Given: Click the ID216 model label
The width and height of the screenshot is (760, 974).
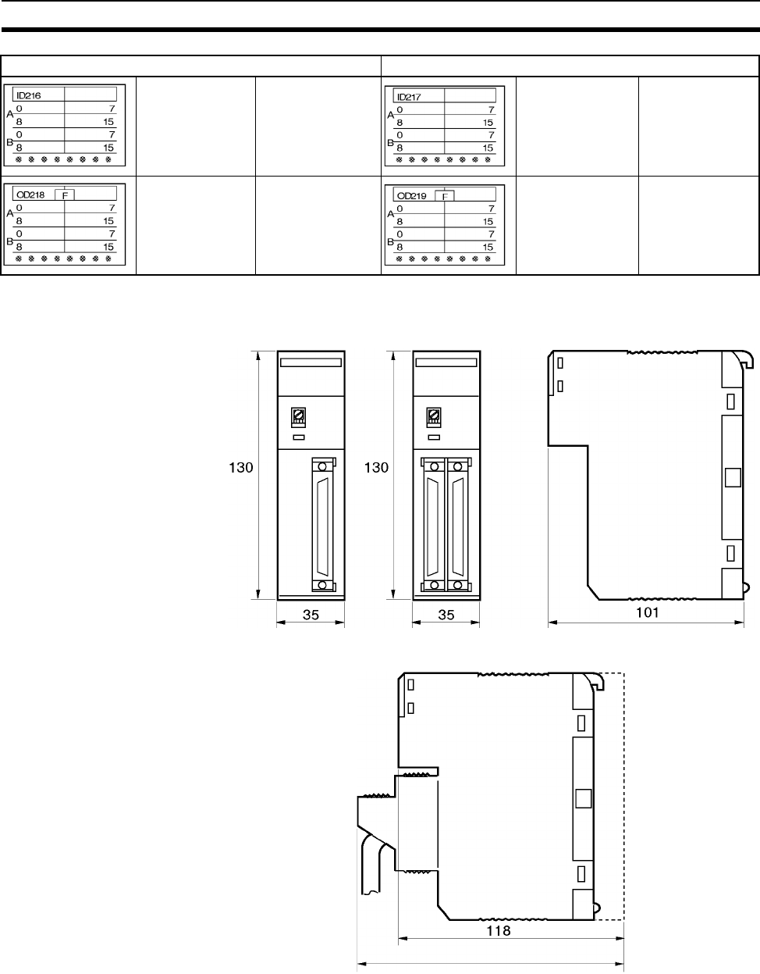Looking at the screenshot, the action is (x=29, y=95).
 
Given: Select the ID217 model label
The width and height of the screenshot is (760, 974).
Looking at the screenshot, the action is (x=409, y=97).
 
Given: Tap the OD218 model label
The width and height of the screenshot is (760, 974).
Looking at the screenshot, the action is (x=30, y=195).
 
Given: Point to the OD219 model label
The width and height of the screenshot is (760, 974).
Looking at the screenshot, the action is (x=412, y=196).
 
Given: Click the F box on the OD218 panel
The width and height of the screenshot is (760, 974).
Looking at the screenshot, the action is (x=65, y=195).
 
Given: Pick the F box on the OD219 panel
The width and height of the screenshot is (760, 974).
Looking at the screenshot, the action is (x=445, y=196).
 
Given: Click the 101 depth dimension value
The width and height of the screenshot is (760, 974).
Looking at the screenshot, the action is (x=647, y=612).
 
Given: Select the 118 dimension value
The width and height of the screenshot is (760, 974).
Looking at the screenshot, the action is (x=498, y=931).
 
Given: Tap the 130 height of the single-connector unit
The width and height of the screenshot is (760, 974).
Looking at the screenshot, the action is (x=241, y=468).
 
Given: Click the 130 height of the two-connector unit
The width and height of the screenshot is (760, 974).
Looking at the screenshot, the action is (x=376, y=468).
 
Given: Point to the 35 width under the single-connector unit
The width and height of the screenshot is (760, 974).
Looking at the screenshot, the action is (x=311, y=615).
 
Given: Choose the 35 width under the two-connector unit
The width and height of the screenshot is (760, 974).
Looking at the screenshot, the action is (x=446, y=615).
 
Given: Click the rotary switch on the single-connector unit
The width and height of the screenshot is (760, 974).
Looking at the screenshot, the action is (x=299, y=416).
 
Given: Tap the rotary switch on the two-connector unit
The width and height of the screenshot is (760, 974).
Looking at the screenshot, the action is (x=434, y=416).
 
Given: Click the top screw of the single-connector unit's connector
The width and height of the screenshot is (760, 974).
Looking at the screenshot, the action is (x=322, y=466).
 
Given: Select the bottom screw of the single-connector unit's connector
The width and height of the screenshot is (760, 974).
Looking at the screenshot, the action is (x=322, y=585).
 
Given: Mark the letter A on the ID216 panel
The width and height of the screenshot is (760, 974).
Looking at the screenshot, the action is (x=10, y=114).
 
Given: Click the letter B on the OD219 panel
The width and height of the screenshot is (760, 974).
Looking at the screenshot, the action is (x=390, y=242).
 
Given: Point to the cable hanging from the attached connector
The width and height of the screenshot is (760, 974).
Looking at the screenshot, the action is (x=371, y=866).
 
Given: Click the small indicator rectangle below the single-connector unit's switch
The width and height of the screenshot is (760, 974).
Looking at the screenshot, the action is (x=299, y=437).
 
